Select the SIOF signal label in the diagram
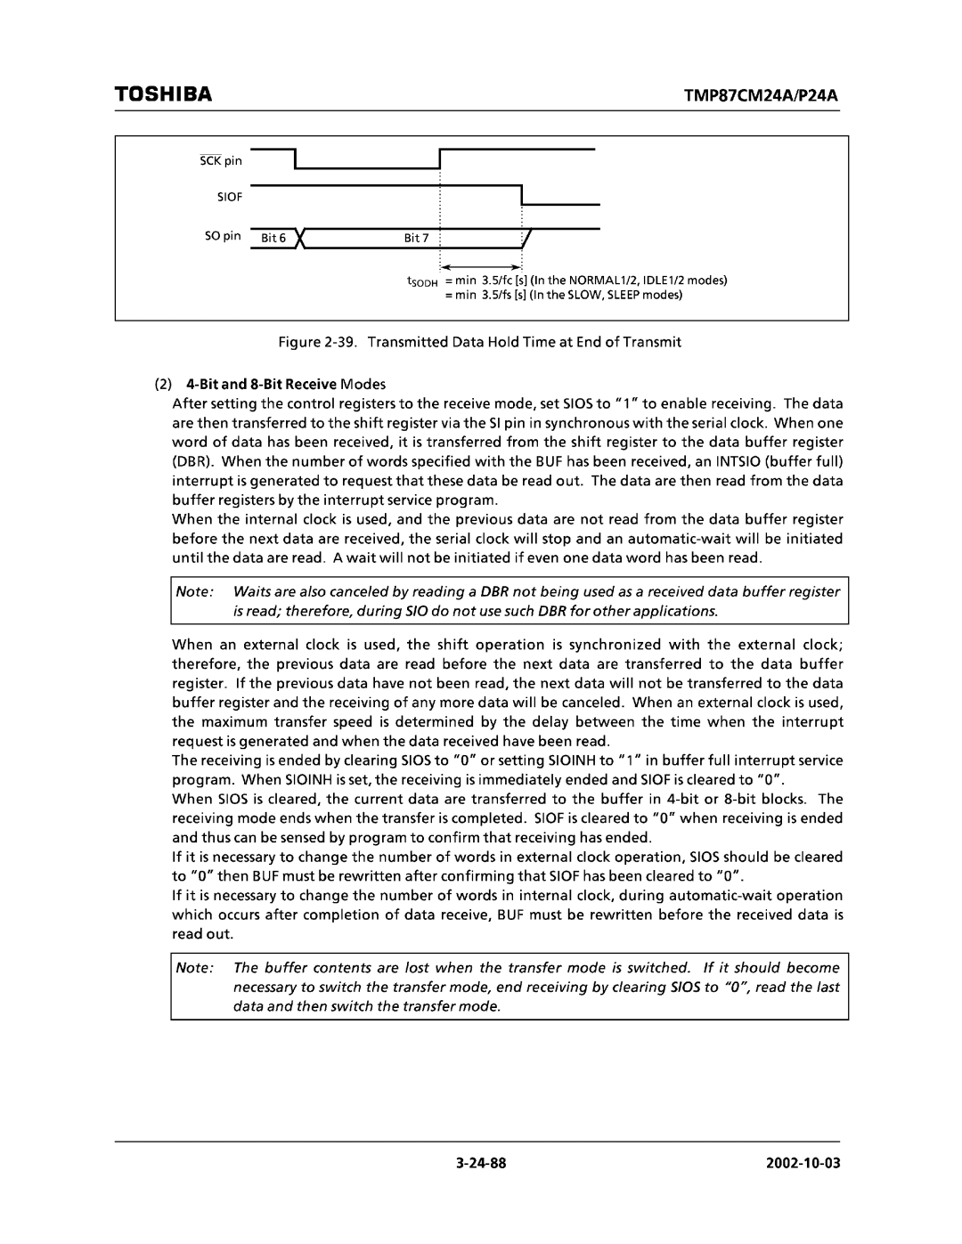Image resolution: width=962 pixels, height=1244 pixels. pyautogui.click(x=231, y=194)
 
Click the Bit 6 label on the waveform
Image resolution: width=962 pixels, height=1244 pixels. pyautogui.click(x=273, y=239)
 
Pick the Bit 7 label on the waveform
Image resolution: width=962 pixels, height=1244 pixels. pyautogui.click(x=416, y=239)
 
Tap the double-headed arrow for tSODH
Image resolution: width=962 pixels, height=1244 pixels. pyautogui.click(x=481, y=267)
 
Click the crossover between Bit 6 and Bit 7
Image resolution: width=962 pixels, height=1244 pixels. pyautogui.click(x=303, y=238)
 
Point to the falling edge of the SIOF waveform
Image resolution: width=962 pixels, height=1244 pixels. pyautogui.click(x=522, y=194)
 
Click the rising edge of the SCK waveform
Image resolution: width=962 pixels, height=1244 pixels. pyautogui.click(x=440, y=159)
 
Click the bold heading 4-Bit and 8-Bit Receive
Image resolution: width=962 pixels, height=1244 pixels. pyautogui.click(x=260, y=385)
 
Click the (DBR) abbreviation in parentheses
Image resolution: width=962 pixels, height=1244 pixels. pyautogui.click(x=188, y=461)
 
